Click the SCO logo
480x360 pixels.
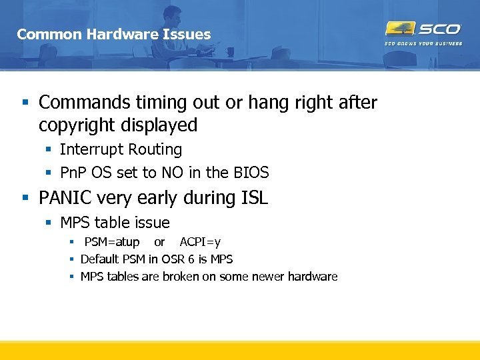(423, 29)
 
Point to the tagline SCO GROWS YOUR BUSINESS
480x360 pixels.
(423, 44)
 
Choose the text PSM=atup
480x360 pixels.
(112, 241)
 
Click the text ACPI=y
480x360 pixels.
(200, 241)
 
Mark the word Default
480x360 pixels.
(99, 259)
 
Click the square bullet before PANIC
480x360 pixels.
(25, 198)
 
